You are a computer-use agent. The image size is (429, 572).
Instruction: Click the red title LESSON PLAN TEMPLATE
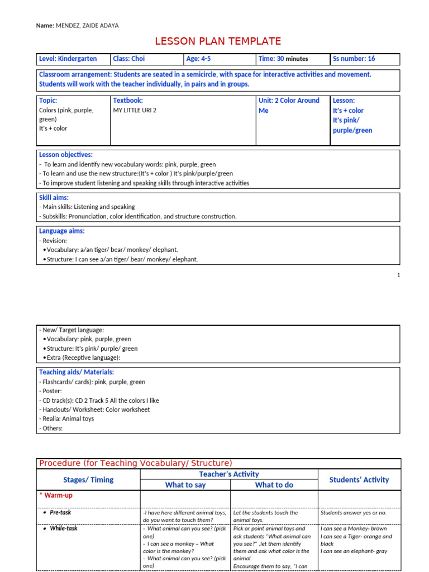(x=217, y=41)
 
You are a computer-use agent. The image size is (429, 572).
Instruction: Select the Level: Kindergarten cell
(x=68, y=59)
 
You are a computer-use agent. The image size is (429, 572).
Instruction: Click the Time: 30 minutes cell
(x=283, y=59)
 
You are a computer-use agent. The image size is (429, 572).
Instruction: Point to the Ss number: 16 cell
(x=354, y=59)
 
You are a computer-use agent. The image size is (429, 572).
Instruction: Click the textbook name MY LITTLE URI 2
(x=135, y=111)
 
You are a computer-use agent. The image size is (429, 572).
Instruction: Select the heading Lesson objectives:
(x=65, y=155)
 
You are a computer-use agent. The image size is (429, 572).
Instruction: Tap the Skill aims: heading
(x=54, y=198)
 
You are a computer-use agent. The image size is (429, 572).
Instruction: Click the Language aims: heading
(x=61, y=231)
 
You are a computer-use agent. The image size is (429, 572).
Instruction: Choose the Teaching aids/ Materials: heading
(x=76, y=372)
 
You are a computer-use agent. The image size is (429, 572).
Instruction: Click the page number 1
(x=398, y=275)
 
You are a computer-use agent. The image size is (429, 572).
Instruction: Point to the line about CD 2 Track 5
(x=99, y=401)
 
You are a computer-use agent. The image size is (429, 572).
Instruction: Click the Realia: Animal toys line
(x=66, y=418)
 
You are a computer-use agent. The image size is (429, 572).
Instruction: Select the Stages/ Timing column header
(x=88, y=479)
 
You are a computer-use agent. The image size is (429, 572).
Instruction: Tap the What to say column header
(x=185, y=485)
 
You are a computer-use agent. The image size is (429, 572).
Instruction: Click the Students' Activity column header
(x=359, y=479)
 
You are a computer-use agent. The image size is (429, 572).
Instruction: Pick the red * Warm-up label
(x=56, y=495)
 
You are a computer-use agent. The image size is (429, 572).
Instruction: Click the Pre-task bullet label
(x=60, y=512)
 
